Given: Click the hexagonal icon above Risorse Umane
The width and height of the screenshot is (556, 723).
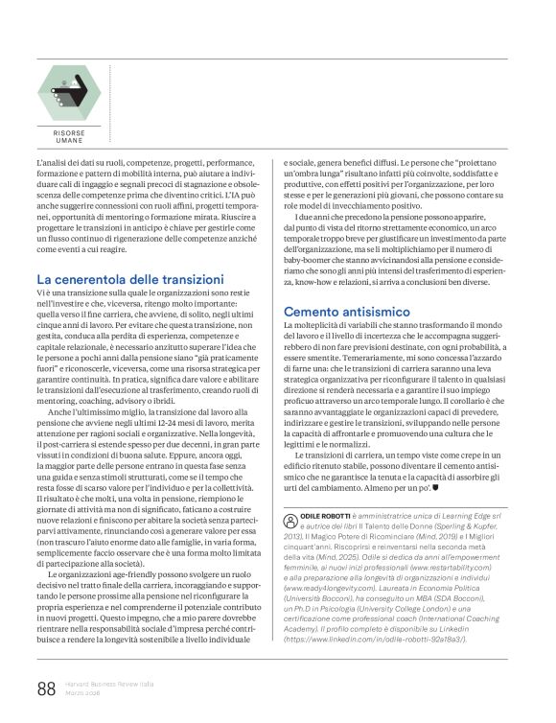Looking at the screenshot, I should pyautogui.click(x=70, y=92).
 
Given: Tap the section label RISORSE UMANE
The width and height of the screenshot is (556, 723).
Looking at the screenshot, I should pyautogui.click(x=69, y=137).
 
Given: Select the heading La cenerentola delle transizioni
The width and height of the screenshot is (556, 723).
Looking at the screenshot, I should pyautogui.click(x=136, y=278).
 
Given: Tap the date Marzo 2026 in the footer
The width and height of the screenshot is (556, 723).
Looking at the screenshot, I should pyautogui.click(x=83, y=691).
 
